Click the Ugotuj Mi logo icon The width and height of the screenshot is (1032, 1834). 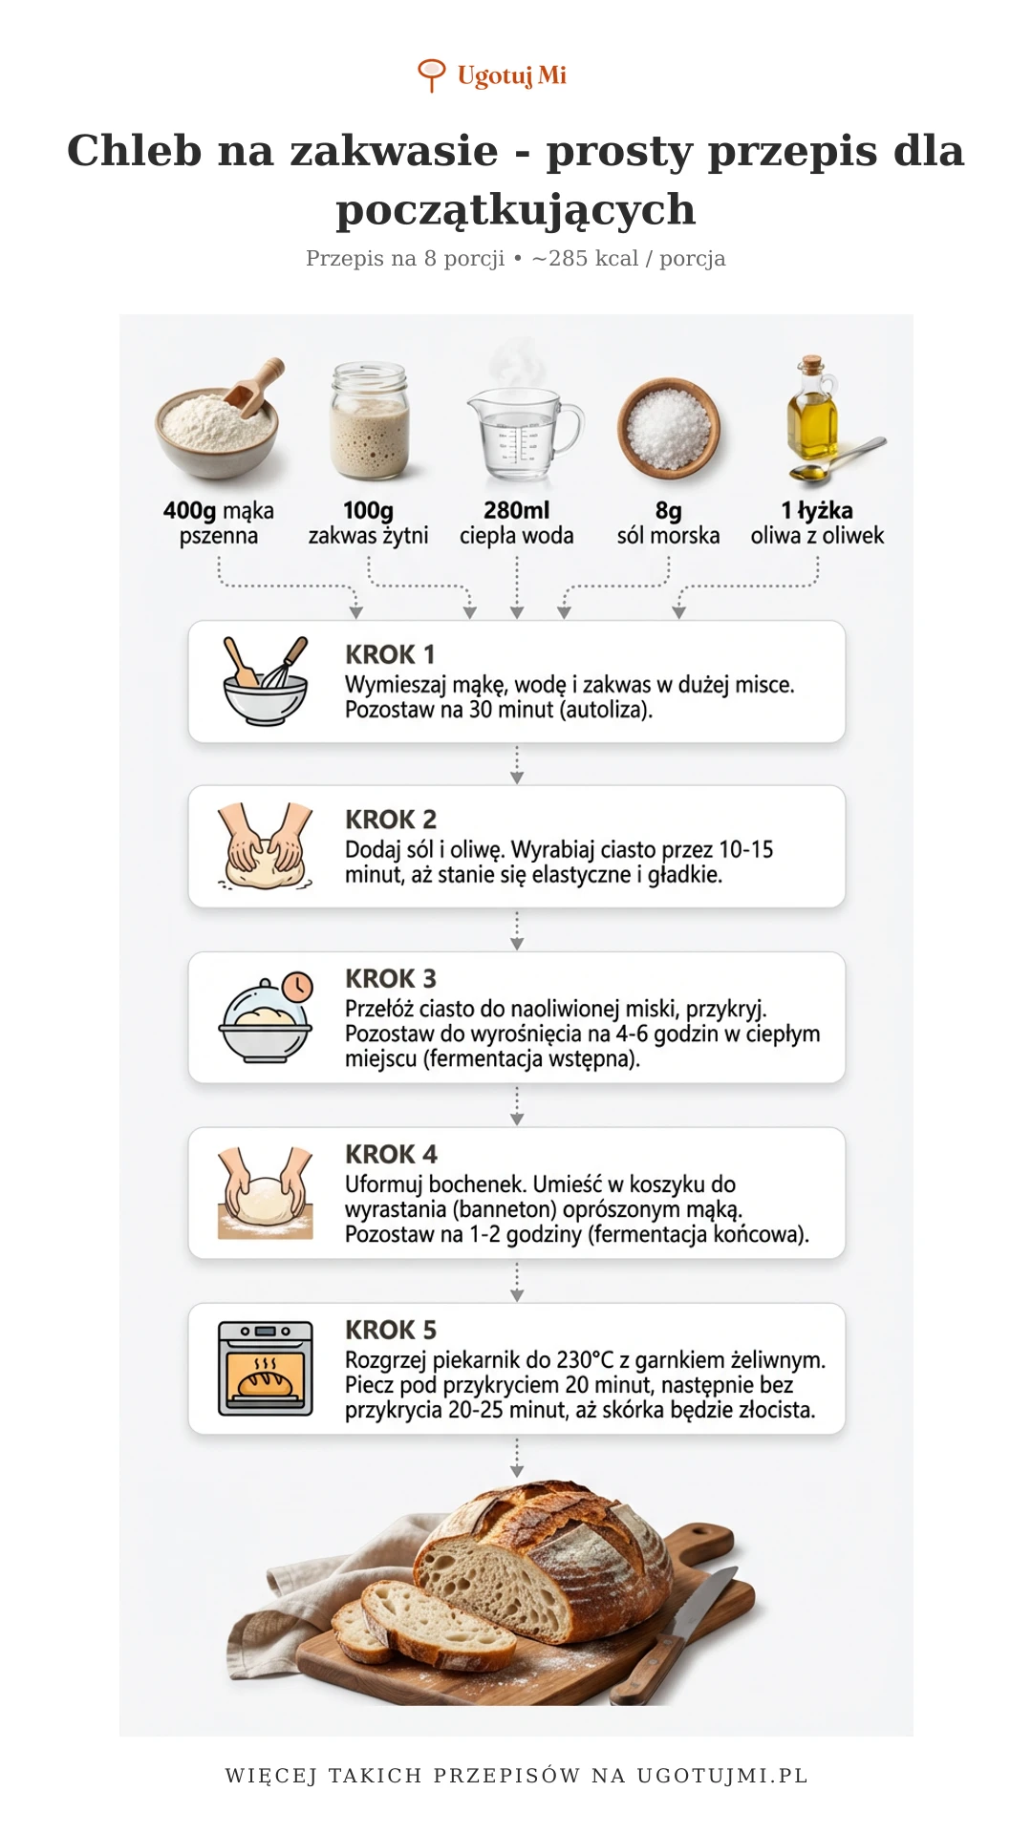(x=432, y=75)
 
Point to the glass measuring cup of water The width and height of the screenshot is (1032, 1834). (x=522, y=435)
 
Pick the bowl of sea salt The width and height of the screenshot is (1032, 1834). (x=668, y=427)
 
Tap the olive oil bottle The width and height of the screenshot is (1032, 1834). (x=812, y=413)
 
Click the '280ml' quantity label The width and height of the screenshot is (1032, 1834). (x=516, y=511)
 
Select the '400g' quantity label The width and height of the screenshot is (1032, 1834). (x=189, y=511)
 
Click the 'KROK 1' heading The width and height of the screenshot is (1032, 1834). (x=390, y=654)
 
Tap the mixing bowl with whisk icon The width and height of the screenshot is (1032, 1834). (x=265, y=681)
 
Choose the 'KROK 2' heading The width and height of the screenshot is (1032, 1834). (x=391, y=820)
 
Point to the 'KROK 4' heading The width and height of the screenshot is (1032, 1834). (x=391, y=1154)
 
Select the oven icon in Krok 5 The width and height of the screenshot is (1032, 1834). (x=266, y=1368)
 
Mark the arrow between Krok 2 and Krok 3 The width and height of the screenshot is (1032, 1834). (x=517, y=929)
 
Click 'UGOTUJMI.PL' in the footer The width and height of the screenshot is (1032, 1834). (x=722, y=1776)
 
